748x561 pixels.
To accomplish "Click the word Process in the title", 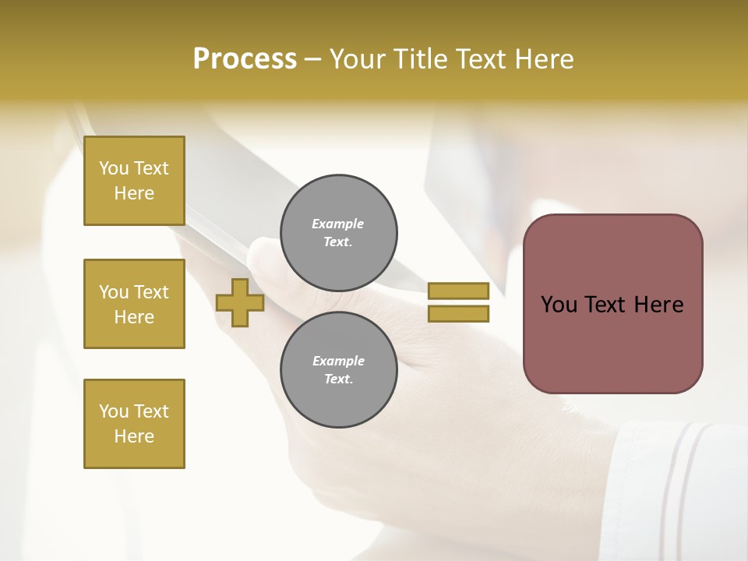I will (x=245, y=59).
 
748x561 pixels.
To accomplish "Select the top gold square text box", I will (x=134, y=181).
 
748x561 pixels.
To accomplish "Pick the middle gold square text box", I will (x=134, y=304).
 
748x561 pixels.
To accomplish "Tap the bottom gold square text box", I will (x=134, y=424).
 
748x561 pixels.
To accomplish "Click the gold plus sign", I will (x=240, y=302).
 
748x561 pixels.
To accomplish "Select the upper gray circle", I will (x=338, y=233).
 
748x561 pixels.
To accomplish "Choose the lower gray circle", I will (x=338, y=370).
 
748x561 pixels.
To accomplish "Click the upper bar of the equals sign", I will (x=458, y=291).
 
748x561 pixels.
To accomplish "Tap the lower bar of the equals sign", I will (x=458, y=314).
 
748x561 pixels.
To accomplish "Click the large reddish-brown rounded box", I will (x=612, y=343).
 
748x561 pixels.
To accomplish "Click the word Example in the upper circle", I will (x=338, y=224).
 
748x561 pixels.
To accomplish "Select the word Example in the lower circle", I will (x=338, y=361).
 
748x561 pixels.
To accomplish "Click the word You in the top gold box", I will (x=114, y=168).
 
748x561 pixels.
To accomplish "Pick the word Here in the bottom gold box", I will (x=134, y=436).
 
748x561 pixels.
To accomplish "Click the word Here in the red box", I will (x=658, y=305).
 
